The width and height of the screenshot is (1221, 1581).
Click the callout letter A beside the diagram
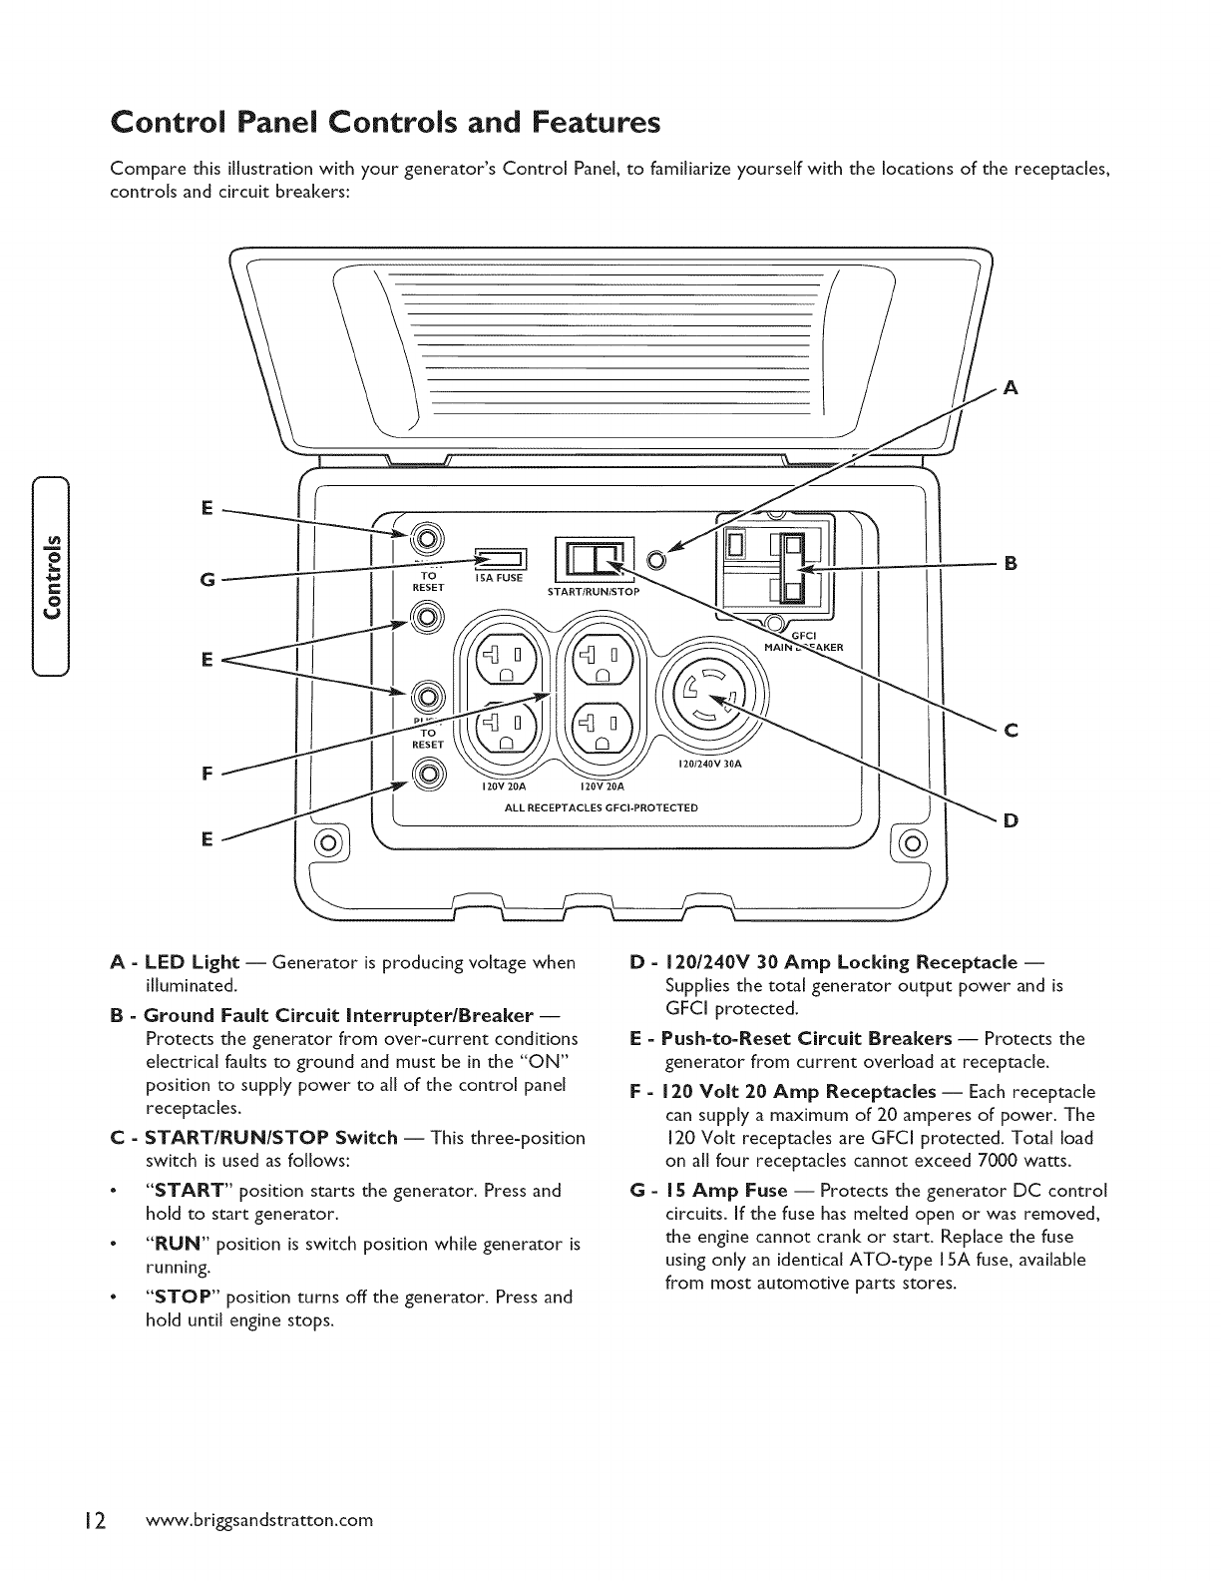pos(1011,389)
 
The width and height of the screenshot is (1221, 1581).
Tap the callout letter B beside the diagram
pos(1011,563)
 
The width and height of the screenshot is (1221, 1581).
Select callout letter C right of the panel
pos(1011,731)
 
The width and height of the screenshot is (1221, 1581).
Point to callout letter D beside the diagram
pos(1011,820)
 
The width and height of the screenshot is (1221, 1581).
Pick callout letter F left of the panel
pos(205,774)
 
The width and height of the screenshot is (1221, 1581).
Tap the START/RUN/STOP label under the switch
pos(593,591)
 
